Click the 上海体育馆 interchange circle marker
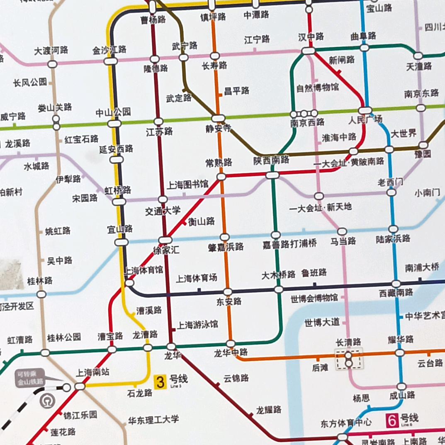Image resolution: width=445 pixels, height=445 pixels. [129, 283]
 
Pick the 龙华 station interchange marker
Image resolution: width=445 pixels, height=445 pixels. [171, 346]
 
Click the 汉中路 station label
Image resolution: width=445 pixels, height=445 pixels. [311, 37]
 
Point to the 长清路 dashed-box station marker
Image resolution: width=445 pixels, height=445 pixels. [349, 359]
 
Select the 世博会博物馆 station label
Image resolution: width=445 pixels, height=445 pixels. [314, 298]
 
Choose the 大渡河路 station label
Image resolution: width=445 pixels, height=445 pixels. [51, 51]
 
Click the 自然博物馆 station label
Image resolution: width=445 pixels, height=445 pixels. [317, 88]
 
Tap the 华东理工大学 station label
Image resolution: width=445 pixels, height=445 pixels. [153, 419]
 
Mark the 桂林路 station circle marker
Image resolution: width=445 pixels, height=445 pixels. [41, 294]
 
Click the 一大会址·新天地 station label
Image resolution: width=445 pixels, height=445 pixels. [321, 207]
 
